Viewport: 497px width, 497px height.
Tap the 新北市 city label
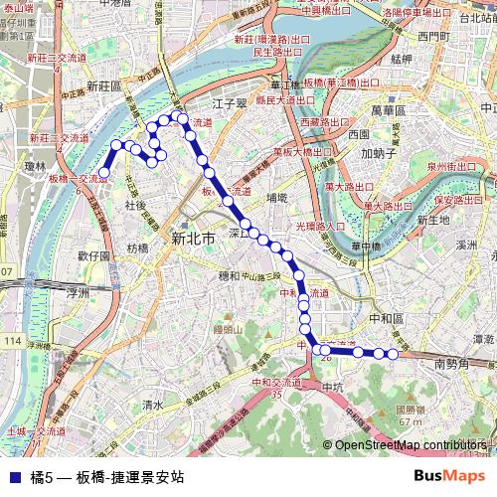(200, 239)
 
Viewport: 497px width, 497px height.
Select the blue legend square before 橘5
(14, 476)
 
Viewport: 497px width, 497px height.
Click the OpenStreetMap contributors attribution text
(410, 445)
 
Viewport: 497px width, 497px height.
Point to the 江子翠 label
(229, 102)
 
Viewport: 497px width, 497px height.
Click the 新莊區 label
(103, 86)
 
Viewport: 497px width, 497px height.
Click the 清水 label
(152, 405)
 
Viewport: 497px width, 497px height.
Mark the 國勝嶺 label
(411, 409)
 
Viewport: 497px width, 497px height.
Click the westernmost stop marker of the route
(103, 173)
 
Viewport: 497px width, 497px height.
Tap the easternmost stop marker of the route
(393, 354)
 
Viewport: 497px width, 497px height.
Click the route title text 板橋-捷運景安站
(130, 476)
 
